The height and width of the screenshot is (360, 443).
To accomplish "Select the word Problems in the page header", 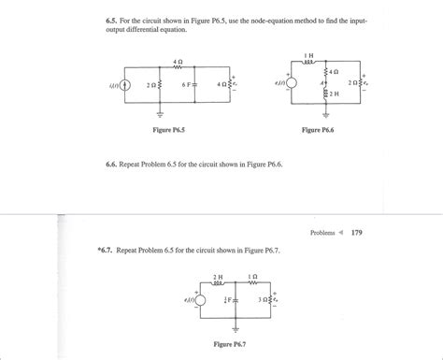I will coord(322,233).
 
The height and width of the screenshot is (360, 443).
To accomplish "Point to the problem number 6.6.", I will coord(112,162).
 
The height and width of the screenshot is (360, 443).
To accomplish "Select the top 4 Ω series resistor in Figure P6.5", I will coord(179,67).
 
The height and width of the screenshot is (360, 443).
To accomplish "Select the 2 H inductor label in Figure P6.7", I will coord(218,277).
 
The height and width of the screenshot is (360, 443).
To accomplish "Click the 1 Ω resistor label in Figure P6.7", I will coord(253,277).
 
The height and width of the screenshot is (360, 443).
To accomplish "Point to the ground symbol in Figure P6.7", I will coord(236,329).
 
